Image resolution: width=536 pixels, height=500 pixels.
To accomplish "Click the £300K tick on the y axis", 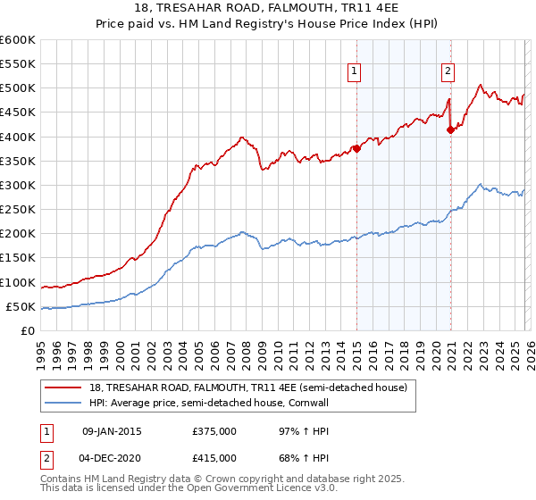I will click(x=18, y=185).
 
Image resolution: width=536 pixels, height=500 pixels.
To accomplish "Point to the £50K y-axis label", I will click(x=21, y=306).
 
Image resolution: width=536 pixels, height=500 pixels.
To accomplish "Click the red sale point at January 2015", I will click(x=356, y=149).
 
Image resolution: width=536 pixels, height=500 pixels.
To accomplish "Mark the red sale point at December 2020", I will click(x=450, y=129).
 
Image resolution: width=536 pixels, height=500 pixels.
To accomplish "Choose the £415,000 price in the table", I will click(x=214, y=457).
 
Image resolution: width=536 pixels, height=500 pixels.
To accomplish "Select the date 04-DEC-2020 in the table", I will click(x=112, y=457).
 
